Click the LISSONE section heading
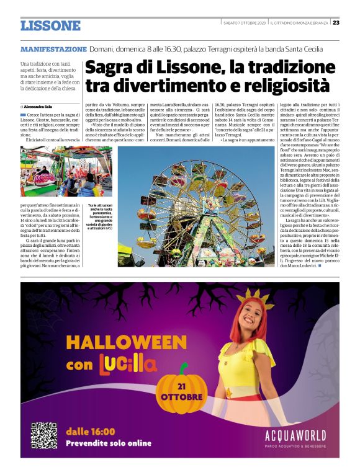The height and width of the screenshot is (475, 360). coord(50,25)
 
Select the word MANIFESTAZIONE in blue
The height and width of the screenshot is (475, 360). coord(53,49)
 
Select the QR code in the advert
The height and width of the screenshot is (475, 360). coord(44,436)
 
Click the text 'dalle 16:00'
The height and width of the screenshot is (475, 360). coord(91,432)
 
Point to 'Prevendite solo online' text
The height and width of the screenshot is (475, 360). coord(109,443)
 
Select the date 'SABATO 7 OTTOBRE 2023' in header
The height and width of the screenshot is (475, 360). coord(245,23)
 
